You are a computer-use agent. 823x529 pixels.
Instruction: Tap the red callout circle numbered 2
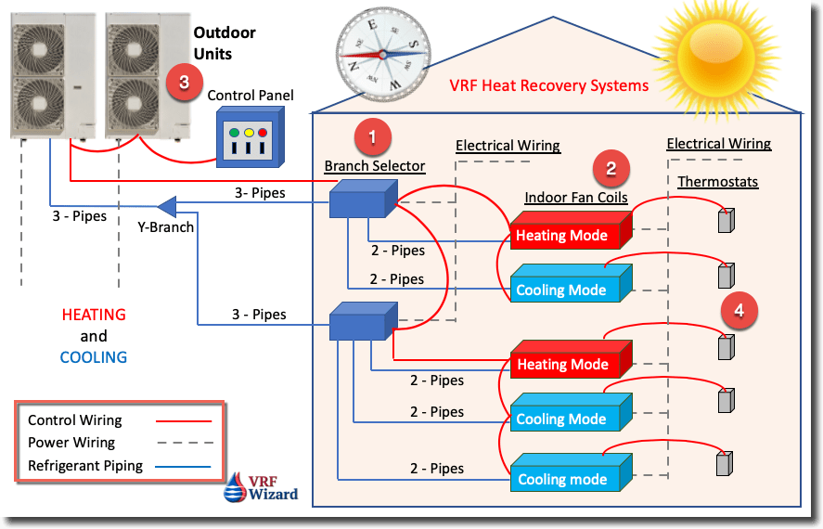click(611, 168)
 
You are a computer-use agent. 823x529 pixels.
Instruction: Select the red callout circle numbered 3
click(184, 83)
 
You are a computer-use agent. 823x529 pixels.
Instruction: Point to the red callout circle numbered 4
click(739, 310)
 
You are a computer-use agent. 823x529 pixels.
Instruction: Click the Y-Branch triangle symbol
click(167, 204)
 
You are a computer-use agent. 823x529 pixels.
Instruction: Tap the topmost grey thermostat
click(726, 220)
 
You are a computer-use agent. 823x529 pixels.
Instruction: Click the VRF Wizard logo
click(263, 487)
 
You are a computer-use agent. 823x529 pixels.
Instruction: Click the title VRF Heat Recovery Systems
click(548, 86)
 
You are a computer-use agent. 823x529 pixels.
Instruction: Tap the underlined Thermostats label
click(717, 182)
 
